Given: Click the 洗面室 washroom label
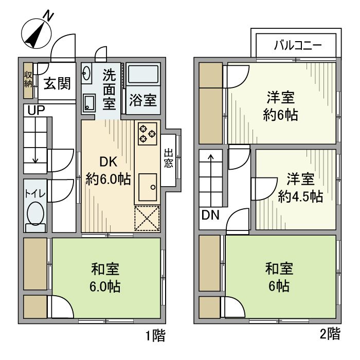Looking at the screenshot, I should click(x=109, y=89).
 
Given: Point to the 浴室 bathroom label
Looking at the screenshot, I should click(x=142, y=99).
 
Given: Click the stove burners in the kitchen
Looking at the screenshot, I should click(x=147, y=133).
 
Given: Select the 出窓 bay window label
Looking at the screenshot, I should click(x=168, y=159).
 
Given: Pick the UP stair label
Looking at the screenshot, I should click(x=37, y=110).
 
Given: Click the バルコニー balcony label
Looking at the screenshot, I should click(x=297, y=45).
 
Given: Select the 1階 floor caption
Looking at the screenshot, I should click(x=155, y=336).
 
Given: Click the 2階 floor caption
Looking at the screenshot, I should click(x=330, y=334).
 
